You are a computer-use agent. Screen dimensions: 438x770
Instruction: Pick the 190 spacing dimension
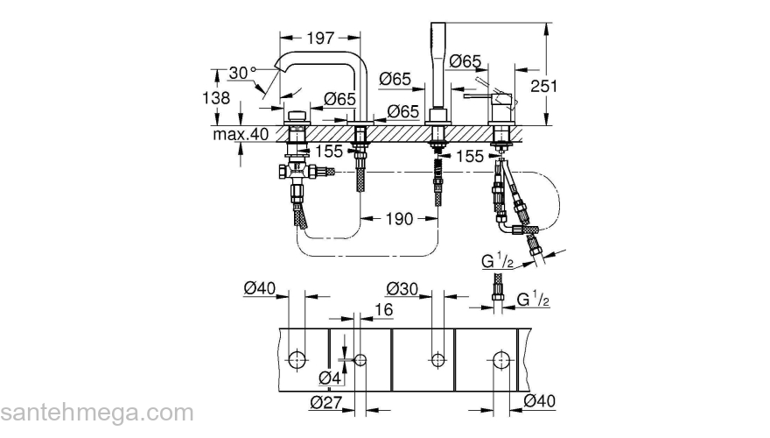[x=399, y=219]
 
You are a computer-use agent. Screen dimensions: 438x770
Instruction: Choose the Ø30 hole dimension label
[x=402, y=287]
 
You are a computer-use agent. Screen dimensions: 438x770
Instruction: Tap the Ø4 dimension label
[x=329, y=378]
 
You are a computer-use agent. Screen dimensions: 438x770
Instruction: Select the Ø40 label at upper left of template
[x=260, y=287]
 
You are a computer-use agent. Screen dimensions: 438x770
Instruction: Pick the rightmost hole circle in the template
[x=500, y=358]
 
